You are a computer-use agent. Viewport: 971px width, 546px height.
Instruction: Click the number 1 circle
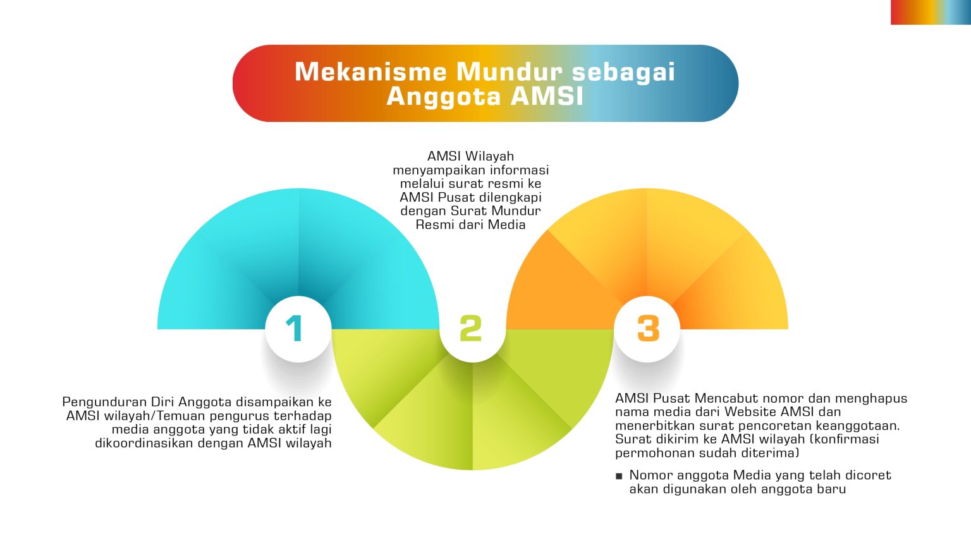point(298,329)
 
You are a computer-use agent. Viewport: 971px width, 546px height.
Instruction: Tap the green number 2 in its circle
point(471,329)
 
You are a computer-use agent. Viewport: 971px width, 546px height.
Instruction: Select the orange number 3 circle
point(647,329)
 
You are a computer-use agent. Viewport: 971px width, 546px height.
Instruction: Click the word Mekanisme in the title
point(370,71)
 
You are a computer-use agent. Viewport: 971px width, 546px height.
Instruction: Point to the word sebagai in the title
point(623,73)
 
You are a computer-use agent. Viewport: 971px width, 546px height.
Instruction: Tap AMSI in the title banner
point(547,96)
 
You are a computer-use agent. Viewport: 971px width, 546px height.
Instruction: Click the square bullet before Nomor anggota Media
point(619,476)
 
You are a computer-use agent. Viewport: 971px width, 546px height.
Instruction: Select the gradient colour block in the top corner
point(931,12)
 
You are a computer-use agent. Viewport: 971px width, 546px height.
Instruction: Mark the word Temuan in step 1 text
point(181,416)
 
